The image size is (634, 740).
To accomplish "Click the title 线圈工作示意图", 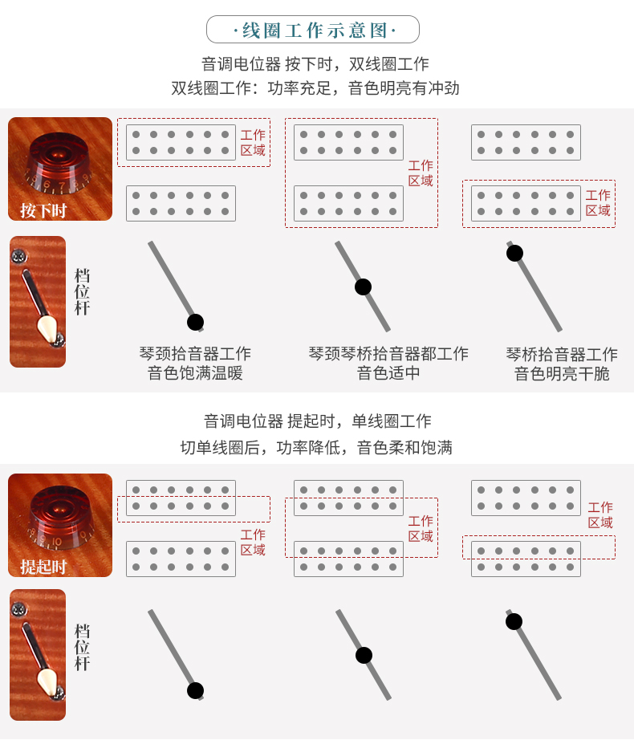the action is click(313, 30).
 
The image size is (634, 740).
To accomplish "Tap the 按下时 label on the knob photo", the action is click(43, 210).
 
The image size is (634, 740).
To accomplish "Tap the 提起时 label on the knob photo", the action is click(43, 567).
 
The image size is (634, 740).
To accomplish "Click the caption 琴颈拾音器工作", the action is click(195, 353).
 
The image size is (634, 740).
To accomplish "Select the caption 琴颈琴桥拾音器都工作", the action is click(388, 353).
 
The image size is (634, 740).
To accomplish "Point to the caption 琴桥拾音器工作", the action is click(562, 355).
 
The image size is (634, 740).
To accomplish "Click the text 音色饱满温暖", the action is click(195, 373).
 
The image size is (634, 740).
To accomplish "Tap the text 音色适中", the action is click(388, 373).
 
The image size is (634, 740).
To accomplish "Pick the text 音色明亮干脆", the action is click(562, 374).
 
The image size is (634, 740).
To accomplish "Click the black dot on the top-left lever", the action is click(195, 323).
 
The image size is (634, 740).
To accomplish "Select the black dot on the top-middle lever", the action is click(363, 287).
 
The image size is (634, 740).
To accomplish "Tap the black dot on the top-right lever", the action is click(514, 253).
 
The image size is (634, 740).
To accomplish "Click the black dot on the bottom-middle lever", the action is click(364, 655).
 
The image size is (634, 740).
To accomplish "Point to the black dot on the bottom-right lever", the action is click(514, 621).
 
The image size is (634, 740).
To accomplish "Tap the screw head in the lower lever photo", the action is click(19, 609).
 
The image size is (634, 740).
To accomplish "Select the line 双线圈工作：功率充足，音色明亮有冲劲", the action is click(315, 87).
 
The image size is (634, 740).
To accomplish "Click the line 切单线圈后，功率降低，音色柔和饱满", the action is click(316, 447).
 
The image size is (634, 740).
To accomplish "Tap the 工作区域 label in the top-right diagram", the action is click(598, 203).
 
